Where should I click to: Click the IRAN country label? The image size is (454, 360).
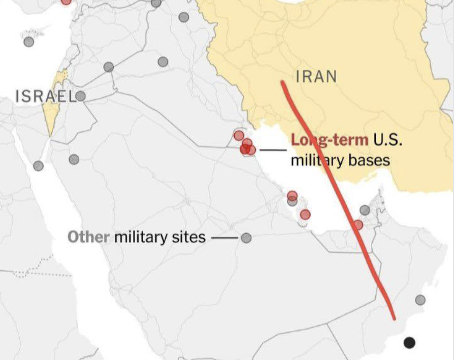point(317,76)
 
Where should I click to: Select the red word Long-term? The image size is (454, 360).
point(329,140)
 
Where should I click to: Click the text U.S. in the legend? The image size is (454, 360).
point(388,140)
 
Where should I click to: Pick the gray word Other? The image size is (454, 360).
point(88,237)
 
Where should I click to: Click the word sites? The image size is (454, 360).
point(187,237)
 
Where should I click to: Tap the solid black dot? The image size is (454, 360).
point(409,342)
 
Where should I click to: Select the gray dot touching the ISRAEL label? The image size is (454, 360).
point(81,96)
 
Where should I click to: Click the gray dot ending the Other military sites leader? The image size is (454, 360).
point(246,238)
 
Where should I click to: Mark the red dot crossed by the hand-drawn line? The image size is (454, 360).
point(358,225)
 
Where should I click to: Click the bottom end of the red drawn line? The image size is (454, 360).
point(394,318)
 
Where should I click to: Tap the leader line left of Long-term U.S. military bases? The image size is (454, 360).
point(273,150)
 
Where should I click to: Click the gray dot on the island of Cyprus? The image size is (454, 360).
point(29,42)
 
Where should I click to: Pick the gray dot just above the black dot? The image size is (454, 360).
point(420,300)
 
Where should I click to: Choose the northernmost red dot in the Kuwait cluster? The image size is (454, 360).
point(239,135)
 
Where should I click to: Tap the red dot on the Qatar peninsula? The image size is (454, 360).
point(305,214)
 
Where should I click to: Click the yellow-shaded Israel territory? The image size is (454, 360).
point(50,114)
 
